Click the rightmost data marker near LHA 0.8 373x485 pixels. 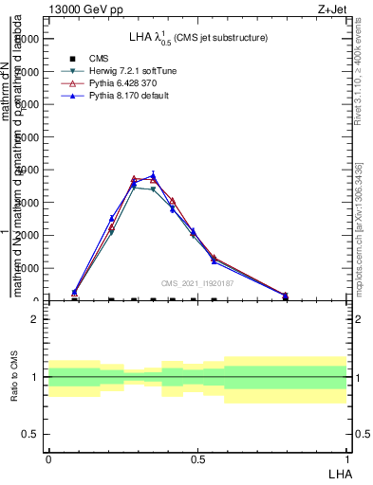286,296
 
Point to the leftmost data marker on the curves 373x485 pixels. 75,293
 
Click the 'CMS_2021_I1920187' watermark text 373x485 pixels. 198,283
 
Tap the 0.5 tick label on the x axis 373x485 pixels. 197,459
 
